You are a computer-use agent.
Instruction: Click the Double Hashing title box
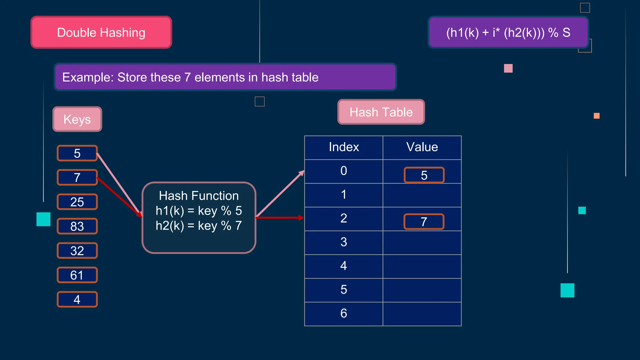(101, 32)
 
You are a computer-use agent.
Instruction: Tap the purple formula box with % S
(508, 32)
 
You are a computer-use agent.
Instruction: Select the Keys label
(77, 119)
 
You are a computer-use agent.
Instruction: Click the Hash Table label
(381, 112)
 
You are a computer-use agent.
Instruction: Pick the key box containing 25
(77, 202)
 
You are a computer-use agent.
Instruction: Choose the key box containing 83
(77, 226)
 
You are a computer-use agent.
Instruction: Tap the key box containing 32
(77, 251)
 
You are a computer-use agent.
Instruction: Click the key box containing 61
(77, 275)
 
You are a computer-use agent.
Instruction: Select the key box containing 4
(77, 299)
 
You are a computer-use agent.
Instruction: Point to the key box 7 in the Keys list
(77, 177)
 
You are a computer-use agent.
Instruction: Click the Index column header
(344, 147)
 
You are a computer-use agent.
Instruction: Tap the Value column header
(422, 147)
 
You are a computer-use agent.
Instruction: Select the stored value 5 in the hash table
(424, 175)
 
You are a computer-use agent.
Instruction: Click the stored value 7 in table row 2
(424, 222)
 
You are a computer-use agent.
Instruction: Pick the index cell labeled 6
(344, 313)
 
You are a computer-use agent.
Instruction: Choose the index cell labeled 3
(344, 242)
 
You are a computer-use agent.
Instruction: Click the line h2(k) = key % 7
(199, 226)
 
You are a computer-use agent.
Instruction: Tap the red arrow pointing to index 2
(280, 218)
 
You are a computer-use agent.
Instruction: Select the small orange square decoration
(597, 116)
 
